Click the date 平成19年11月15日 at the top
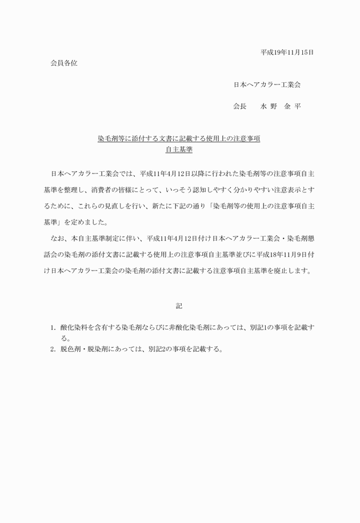click(286, 52)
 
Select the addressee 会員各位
click(63, 63)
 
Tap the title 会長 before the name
click(239, 106)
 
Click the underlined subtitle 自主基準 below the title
click(179, 150)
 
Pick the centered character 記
click(179, 307)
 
